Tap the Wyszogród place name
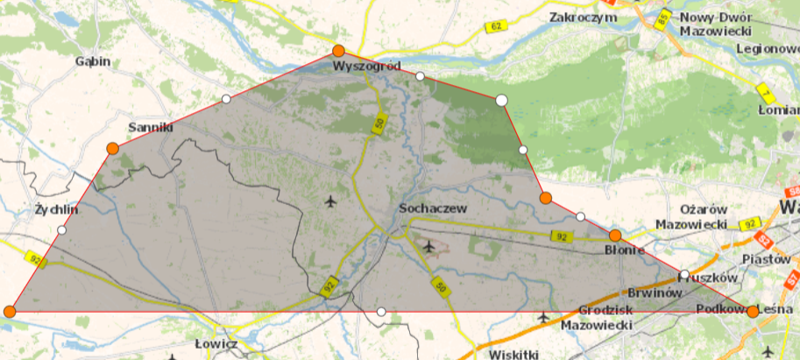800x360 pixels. (x=366, y=67)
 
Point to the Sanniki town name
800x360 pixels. (x=152, y=128)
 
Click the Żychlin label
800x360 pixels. (x=56, y=210)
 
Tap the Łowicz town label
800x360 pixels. (x=216, y=344)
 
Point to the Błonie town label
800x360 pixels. (x=626, y=251)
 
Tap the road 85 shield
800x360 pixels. (x=663, y=17)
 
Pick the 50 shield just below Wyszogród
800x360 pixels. (x=379, y=125)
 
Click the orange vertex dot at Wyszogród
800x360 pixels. (x=339, y=51)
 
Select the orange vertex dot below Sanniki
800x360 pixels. (x=112, y=149)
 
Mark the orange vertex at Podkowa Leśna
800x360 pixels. (x=753, y=311)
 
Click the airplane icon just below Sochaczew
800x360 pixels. (x=428, y=245)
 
